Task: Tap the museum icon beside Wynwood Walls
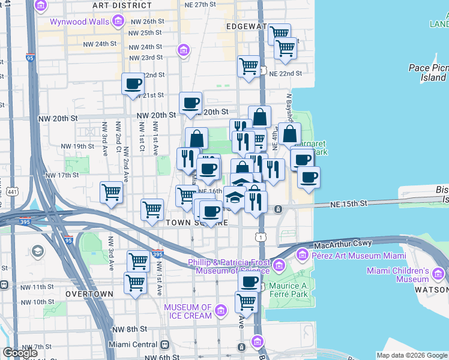click(118, 23)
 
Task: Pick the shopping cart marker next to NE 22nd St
click(249, 66)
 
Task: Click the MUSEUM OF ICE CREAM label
click(188, 311)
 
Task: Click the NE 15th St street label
click(348, 205)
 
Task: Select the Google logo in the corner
click(20, 353)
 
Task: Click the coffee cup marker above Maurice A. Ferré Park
click(249, 281)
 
